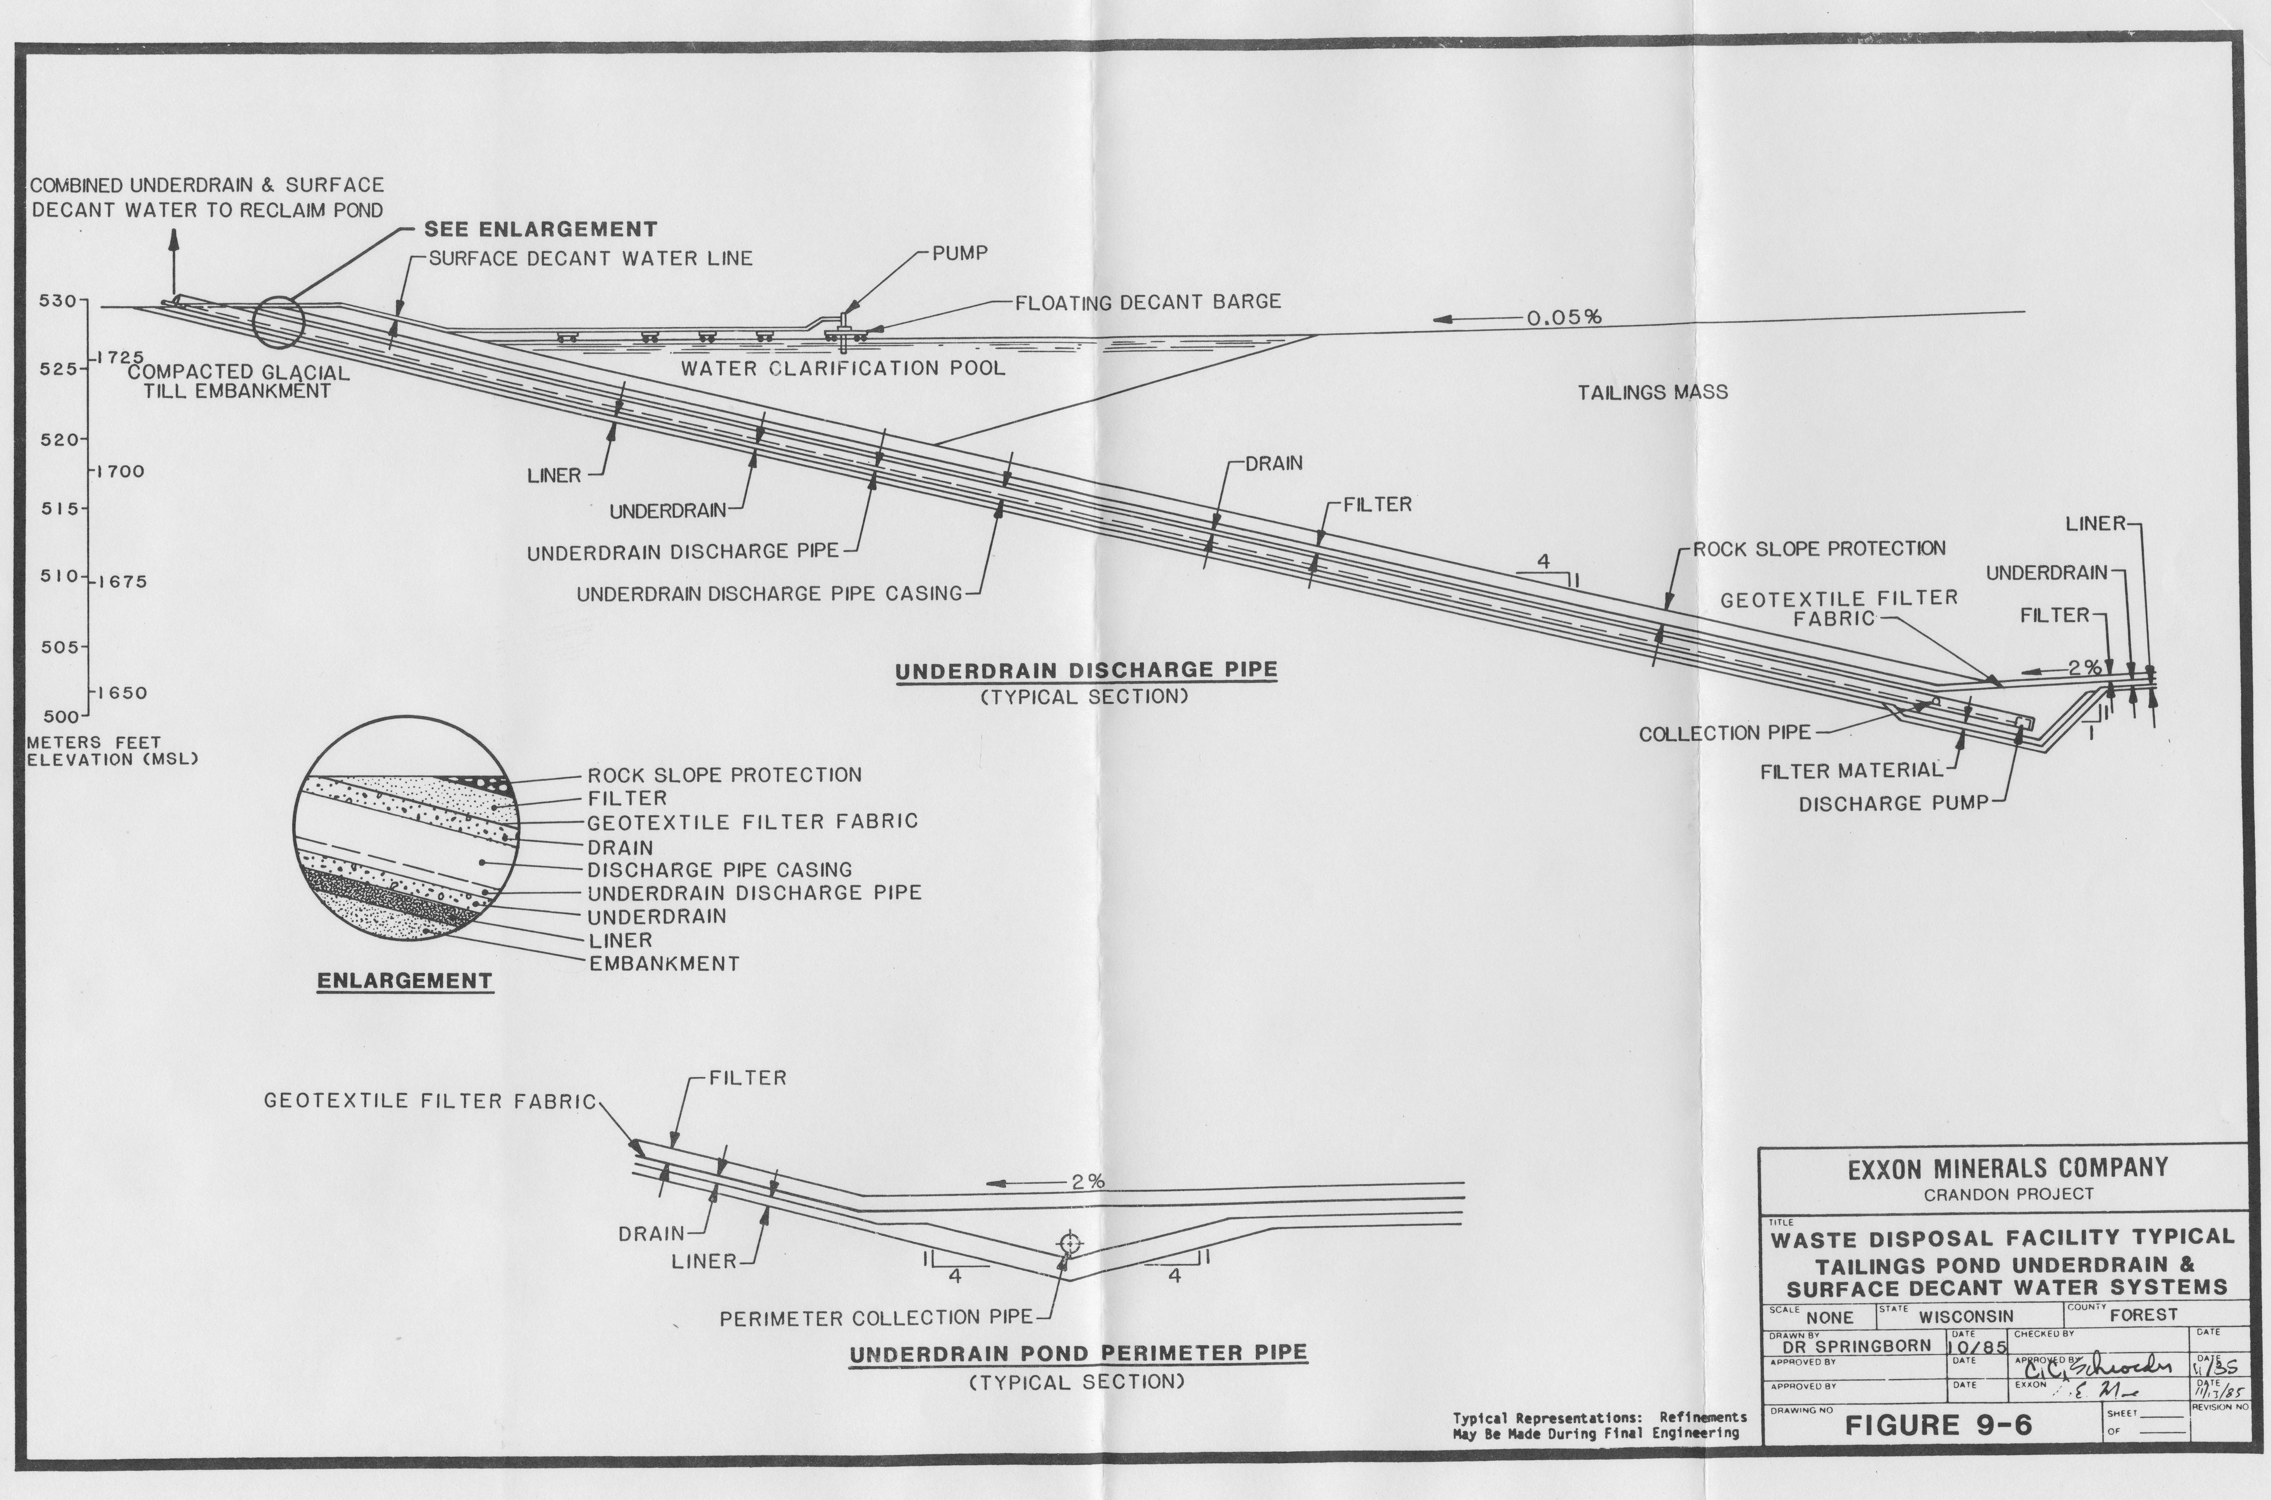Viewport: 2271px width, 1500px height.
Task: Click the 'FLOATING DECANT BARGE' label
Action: pyautogui.click(x=1147, y=302)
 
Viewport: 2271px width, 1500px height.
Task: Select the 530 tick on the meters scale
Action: pyautogui.click(x=84, y=301)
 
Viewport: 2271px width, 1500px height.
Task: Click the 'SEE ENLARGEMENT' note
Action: pyautogui.click(x=540, y=230)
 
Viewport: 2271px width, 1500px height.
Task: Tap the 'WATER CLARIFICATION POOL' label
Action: pyautogui.click(x=843, y=369)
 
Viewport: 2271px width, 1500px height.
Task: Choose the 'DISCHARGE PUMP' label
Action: pyautogui.click(x=1893, y=804)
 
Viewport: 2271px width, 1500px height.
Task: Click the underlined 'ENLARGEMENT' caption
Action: pyautogui.click(x=405, y=980)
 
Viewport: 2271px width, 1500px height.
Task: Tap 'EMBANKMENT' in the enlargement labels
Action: pyautogui.click(x=664, y=964)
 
